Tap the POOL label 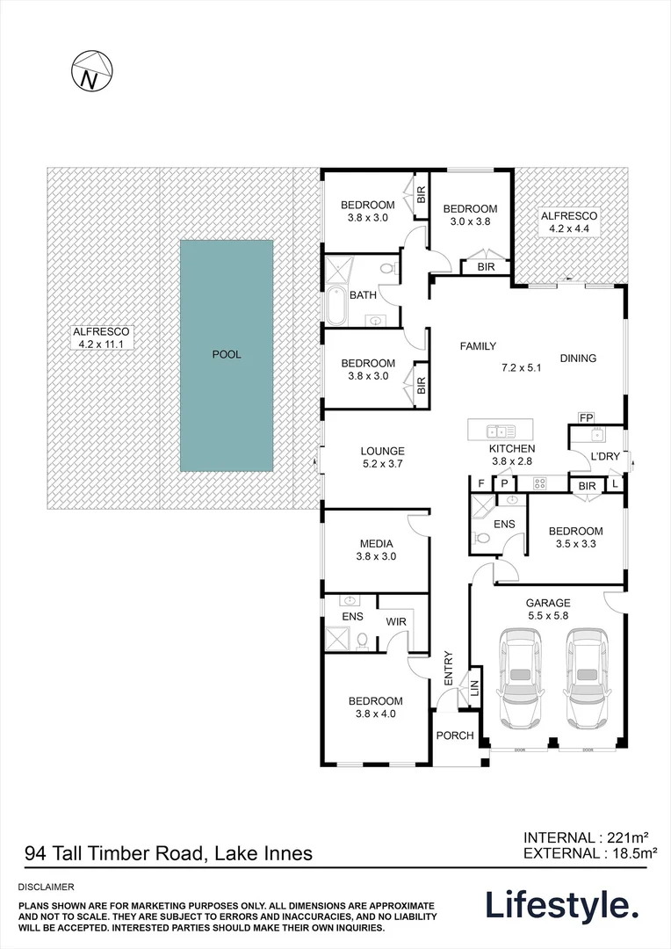pos(226,355)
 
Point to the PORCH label pos(455,735)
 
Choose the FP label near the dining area pos(586,417)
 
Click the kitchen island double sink pos(500,431)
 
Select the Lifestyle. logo pos(562,904)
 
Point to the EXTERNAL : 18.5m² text pos(589,852)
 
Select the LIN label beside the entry pos(475,688)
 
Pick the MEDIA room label pos(376,543)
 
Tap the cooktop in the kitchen pos(541,482)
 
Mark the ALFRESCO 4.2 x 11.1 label pos(101,338)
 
